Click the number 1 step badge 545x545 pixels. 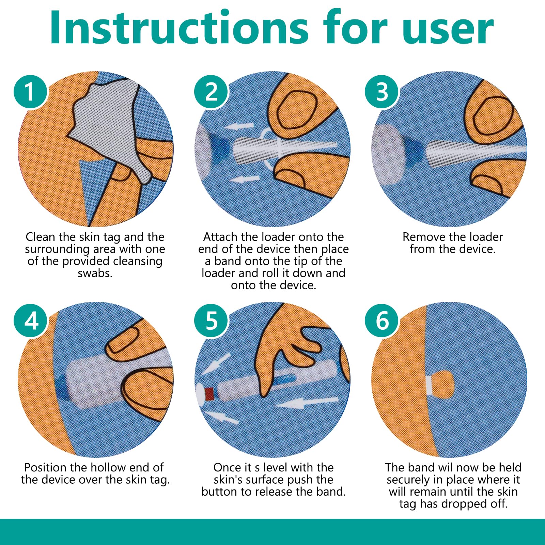tap(30, 92)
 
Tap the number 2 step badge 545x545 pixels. tap(211, 92)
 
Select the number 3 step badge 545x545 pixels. tap(382, 92)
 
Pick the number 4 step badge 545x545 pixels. tap(31, 321)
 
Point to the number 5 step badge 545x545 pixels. tap(211, 321)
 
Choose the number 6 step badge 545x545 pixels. tap(382, 321)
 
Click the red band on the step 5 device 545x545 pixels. tap(209, 394)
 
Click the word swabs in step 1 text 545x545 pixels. tap(95, 273)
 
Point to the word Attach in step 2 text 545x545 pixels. tap(222, 237)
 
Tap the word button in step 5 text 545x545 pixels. tap(220, 492)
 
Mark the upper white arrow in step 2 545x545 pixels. tap(239, 127)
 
